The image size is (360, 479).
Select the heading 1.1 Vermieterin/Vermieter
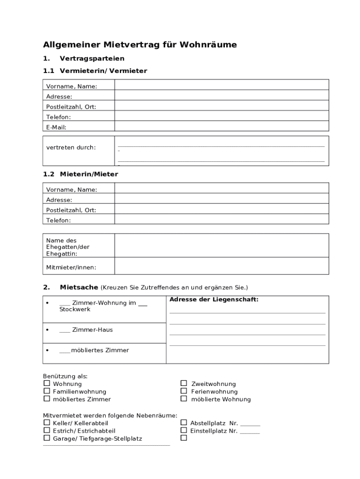pos(95,71)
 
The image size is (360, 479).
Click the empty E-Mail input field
pos(221,127)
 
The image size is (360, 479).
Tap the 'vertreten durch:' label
pos(71,147)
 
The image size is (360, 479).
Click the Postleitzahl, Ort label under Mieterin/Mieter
pos(71,210)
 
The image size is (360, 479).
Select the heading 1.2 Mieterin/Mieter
pos(80,174)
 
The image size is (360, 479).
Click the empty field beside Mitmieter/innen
pos(221,267)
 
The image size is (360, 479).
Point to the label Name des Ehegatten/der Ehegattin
pos(68,247)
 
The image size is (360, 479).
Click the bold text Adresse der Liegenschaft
pos(214,299)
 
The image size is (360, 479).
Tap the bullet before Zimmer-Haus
pos(47,330)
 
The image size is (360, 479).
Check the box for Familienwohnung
pos(47,391)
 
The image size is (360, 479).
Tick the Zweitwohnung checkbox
pos(184,384)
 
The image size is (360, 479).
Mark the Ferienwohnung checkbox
pos(184,391)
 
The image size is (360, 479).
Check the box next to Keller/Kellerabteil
pos(47,423)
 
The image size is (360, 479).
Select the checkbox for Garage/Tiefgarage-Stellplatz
pos(47,438)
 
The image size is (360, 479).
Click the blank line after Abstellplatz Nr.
pos(251,424)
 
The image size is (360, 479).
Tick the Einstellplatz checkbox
pos(184,430)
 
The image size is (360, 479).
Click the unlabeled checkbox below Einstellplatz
pos(184,438)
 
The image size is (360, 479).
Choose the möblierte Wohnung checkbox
pos(184,399)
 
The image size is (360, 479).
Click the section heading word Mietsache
pos(79,287)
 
